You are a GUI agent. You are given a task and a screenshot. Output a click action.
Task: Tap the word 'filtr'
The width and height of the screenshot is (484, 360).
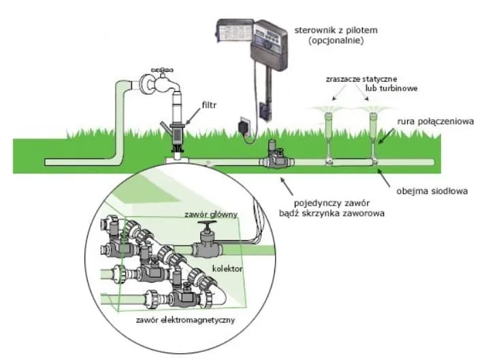(x=210, y=105)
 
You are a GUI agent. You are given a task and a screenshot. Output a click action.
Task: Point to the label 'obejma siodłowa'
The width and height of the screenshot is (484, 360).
(x=432, y=191)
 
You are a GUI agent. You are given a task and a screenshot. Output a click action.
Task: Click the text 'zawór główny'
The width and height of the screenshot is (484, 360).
(x=210, y=214)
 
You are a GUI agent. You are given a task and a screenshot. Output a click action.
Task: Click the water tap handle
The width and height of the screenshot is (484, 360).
(x=162, y=69)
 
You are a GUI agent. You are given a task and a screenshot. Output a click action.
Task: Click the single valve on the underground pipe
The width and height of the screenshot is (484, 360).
(x=276, y=158)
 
